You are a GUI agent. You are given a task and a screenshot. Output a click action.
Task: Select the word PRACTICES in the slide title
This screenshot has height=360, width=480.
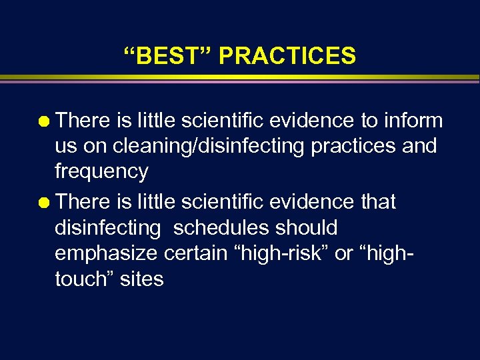click(287, 56)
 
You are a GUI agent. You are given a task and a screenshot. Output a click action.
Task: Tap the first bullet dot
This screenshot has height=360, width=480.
click(45, 121)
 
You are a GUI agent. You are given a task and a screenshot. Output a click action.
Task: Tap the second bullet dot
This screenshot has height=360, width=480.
click(45, 202)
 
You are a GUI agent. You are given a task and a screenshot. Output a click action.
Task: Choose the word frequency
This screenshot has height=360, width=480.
click(101, 172)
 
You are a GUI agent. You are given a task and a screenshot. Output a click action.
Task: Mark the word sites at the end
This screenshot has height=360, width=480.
click(141, 279)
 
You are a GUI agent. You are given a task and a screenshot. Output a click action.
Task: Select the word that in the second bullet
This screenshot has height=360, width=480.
click(379, 201)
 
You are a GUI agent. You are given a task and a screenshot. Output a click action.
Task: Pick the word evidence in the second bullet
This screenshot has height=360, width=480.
click(311, 201)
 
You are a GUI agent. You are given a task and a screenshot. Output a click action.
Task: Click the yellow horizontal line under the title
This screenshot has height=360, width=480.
click(240, 78)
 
